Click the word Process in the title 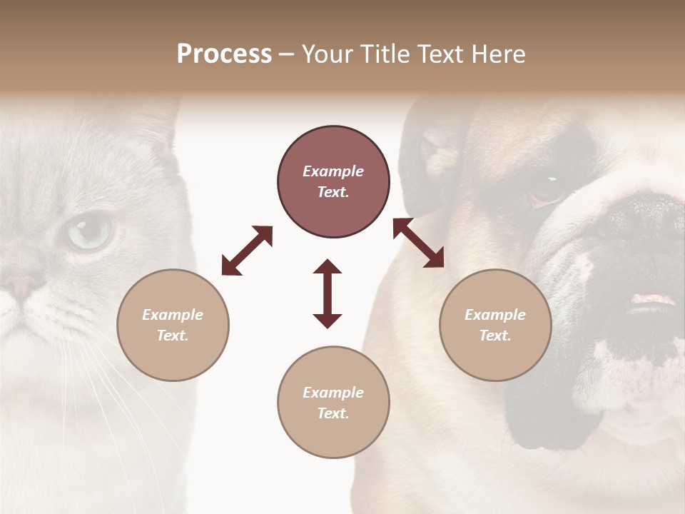(224, 54)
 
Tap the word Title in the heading (385, 54)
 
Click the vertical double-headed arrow (328, 293)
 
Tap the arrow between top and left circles (247, 251)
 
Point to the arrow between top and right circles (418, 243)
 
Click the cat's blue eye (90, 231)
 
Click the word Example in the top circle (333, 171)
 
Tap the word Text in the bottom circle (333, 413)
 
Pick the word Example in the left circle (173, 315)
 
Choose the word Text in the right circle (495, 336)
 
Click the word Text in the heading (437, 54)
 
